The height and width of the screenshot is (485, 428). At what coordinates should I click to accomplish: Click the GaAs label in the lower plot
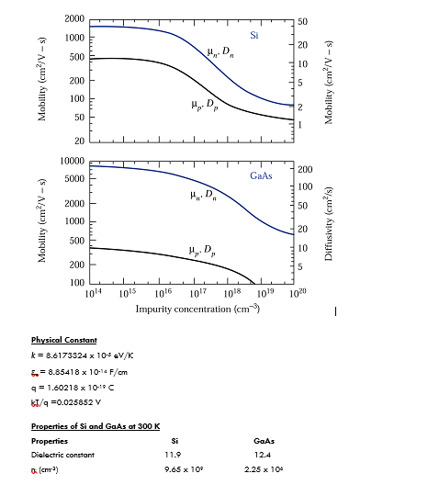tap(261, 175)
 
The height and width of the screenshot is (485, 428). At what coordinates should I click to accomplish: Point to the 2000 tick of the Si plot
tap(75, 19)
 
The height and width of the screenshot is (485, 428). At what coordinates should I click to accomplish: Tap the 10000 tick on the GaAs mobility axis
tap(73, 161)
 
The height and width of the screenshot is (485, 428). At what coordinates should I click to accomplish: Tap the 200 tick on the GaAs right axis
tap(306, 169)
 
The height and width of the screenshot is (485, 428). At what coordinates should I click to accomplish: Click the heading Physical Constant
tap(63, 340)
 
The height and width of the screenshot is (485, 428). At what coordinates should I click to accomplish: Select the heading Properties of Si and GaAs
tap(96, 426)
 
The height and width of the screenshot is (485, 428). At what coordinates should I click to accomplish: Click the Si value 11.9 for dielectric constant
tap(172, 454)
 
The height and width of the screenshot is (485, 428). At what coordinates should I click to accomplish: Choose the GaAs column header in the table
tap(263, 440)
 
